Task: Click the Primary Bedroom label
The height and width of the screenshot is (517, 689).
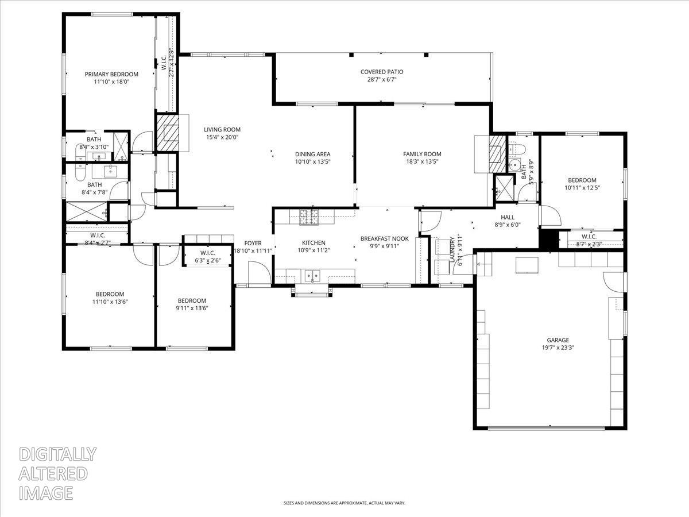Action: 111,74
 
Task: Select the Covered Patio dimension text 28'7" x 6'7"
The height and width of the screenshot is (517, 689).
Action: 382,80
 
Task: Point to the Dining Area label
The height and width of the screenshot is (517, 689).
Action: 312,154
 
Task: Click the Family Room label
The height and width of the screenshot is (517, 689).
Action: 422,154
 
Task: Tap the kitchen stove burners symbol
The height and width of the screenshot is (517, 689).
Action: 309,217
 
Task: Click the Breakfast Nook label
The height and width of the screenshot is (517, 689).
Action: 384,238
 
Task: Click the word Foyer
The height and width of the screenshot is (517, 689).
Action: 253,243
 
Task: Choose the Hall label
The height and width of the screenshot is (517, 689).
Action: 508,217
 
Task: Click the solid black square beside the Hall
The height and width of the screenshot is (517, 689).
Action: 549,239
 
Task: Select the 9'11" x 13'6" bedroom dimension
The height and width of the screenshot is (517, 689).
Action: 192,308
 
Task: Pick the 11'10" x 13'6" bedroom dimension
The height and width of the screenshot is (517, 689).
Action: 110,301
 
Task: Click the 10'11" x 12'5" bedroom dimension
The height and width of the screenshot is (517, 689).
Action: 582,187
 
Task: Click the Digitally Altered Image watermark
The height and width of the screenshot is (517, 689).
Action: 57,473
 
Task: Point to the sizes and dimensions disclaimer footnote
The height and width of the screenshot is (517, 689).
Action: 344,503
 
